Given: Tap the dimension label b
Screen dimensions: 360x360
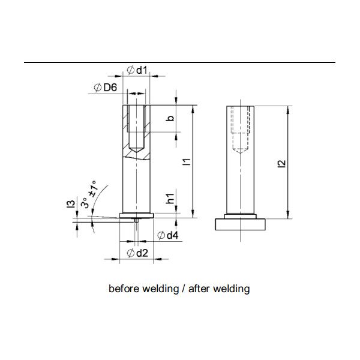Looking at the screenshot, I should pos(170,119).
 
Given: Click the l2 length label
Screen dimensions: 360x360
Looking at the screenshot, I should pos(282,163).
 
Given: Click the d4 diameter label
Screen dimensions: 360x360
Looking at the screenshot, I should pos(172,235).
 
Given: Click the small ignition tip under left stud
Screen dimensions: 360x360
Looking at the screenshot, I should pos(137,221).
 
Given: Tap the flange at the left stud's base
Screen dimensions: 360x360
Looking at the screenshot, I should pos(137,214).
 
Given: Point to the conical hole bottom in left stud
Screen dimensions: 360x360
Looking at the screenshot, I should pos(137,146).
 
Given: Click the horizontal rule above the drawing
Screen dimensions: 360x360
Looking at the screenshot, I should pos(180,62).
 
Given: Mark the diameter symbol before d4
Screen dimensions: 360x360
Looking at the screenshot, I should pos(160,235).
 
